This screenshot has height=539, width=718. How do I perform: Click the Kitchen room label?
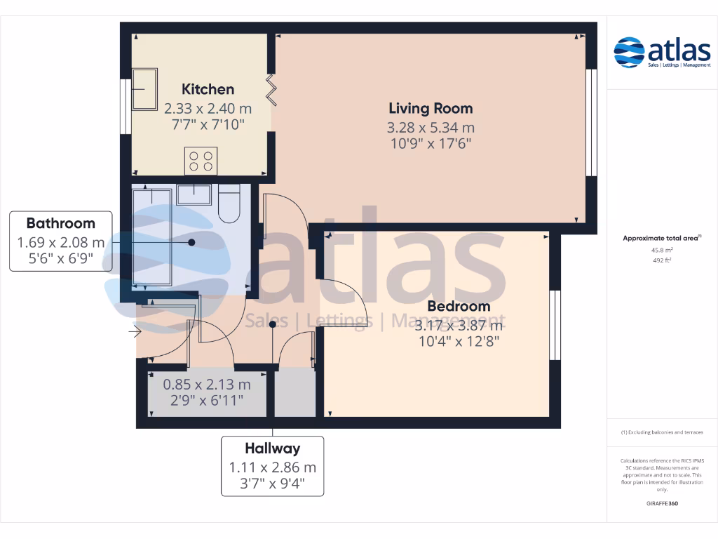(x=208, y=89)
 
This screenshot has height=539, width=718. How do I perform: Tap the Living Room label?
(x=431, y=108)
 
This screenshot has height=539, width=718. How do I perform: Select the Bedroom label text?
(x=459, y=307)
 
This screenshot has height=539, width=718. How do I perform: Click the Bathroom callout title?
(x=60, y=223)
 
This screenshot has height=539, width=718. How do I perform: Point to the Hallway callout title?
(x=272, y=448)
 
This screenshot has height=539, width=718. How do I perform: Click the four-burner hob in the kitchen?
(x=201, y=161)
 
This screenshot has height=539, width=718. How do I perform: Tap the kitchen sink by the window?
(x=145, y=89)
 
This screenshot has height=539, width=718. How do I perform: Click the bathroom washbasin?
(x=194, y=194)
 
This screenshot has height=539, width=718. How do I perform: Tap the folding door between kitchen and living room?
(x=271, y=89)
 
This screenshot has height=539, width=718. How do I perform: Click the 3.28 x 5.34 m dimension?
(x=431, y=128)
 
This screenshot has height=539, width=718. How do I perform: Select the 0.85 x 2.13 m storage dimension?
(x=206, y=385)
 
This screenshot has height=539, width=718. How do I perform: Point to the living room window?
(x=590, y=122)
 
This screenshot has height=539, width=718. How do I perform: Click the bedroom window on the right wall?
(x=555, y=325)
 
